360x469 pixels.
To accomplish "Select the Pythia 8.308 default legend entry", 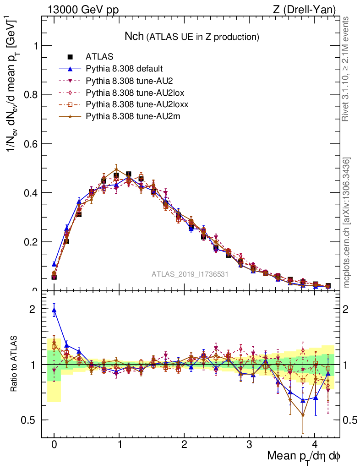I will [124, 69].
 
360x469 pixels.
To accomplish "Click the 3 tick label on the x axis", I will [249, 445].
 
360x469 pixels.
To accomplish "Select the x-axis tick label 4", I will [314, 445].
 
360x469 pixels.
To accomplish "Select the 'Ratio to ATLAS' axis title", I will [14, 364].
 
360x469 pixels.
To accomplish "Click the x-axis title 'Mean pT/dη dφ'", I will [304, 457].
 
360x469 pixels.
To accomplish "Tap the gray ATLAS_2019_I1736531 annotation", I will [190, 274].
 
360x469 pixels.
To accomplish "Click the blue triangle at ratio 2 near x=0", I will [54, 310].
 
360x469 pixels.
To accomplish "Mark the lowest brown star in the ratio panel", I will [303, 415].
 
